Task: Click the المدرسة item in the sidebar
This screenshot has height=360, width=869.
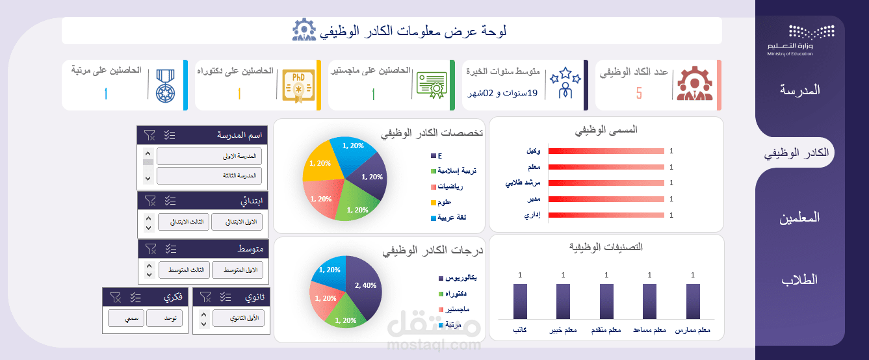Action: click(x=800, y=90)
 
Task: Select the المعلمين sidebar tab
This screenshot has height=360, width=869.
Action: click(x=800, y=218)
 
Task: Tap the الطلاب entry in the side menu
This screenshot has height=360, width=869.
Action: click(x=800, y=280)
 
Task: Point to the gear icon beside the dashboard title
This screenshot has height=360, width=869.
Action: click(x=304, y=31)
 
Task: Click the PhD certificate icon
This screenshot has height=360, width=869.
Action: click(x=298, y=85)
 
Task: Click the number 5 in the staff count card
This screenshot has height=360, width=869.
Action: click(x=639, y=94)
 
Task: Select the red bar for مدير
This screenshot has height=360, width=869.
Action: click(x=606, y=199)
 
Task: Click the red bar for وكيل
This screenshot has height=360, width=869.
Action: click(x=606, y=151)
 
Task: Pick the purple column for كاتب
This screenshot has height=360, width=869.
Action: click(x=520, y=301)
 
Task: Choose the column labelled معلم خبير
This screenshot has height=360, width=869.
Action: click(x=563, y=301)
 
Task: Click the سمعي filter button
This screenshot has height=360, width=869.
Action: click(x=126, y=318)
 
